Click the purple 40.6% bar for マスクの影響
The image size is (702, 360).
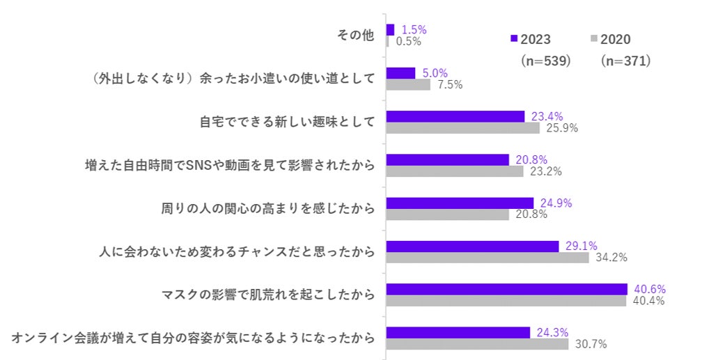click(506, 289)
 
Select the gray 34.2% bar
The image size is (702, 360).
click(487, 258)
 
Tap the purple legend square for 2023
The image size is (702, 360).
click(514, 39)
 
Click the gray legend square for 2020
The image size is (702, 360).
click(593, 39)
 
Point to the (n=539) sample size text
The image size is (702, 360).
click(546, 61)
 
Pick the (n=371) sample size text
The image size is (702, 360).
click(625, 61)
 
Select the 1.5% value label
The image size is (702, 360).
click(414, 29)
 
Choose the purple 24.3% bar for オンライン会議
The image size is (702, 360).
click(458, 332)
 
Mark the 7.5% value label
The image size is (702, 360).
click(450, 85)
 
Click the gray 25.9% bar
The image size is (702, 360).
click(462, 128)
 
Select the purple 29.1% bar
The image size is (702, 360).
click(472, 246)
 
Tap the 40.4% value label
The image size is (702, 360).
click(647, 301)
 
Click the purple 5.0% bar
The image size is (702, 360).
click(400, 73)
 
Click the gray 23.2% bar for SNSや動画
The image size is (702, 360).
click(455, 171)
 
